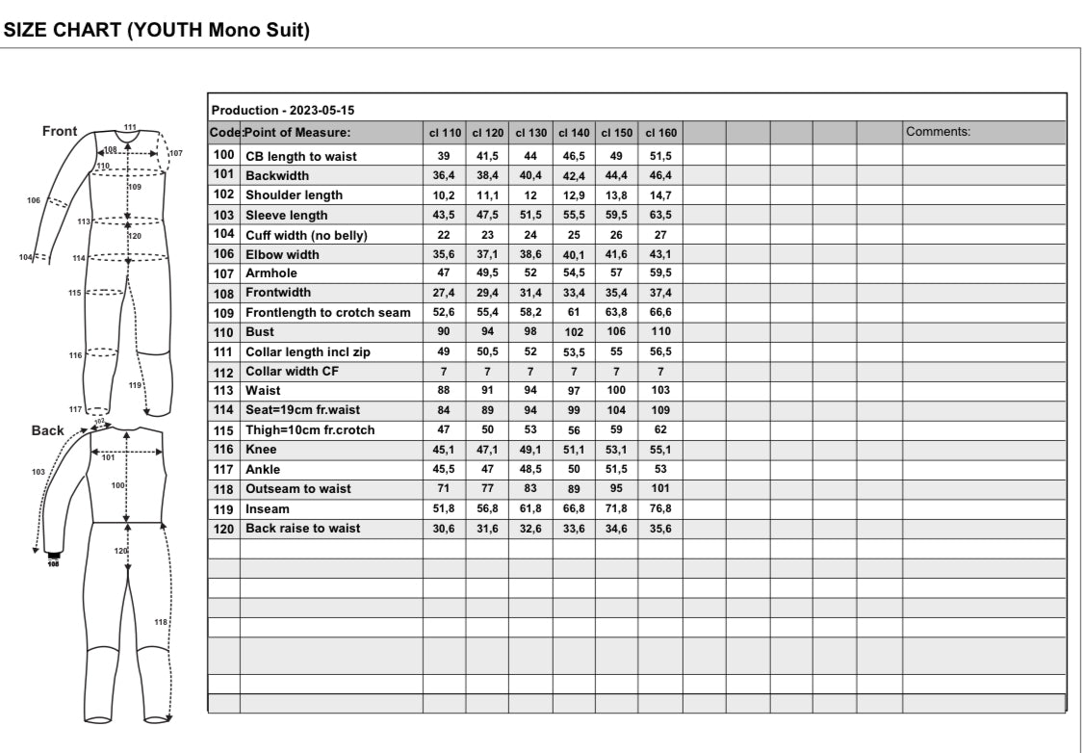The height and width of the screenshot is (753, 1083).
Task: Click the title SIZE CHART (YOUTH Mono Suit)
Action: tap(158, 30)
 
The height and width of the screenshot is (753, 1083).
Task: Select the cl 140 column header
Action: tap(574, 133)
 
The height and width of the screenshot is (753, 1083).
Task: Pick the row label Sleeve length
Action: tap(287, 215)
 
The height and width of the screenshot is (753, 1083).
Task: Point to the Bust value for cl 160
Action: tap(659, 332)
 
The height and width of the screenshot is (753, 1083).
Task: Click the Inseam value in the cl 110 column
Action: tap(444, 508)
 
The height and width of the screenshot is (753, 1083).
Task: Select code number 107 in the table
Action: tap(223, 273)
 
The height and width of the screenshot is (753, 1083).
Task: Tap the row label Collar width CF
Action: tap(294, 372)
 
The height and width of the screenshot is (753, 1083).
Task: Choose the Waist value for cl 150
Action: tap(616, 391)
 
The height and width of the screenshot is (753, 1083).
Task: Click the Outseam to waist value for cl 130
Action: tap(530, 489)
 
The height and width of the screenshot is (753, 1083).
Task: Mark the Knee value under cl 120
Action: tap(487, 450)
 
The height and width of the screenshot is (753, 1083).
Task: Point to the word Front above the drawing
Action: tap(61, 131)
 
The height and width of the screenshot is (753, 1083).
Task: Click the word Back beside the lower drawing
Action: tap(48, 430)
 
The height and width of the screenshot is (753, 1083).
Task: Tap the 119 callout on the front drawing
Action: tap(135, 385)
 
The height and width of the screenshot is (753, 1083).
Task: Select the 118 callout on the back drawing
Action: tap(161, 623)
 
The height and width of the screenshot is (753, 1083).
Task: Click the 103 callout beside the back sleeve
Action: tap(38, 473)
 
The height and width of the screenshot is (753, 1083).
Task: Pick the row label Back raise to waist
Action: tap(303, 529)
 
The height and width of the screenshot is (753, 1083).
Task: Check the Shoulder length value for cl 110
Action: tap(444, 195)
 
